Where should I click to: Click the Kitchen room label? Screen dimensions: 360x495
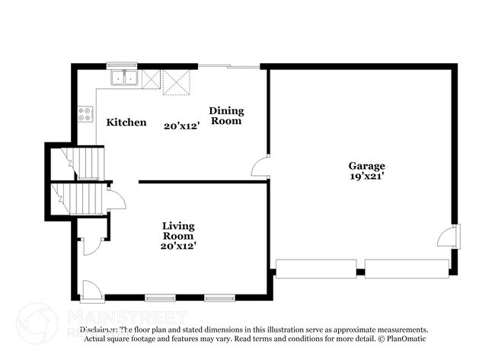(126, 123)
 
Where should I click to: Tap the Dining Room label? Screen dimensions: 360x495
(226, 116)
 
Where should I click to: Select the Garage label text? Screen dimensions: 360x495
(366, 166)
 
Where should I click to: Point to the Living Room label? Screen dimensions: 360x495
(177, 231)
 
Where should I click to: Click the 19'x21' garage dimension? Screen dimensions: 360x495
(366, 176)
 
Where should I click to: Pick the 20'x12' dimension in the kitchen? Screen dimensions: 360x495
(180, 126)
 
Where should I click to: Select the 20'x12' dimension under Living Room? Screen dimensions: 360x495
(177, 246)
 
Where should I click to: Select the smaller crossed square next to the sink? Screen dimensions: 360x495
(150, 78)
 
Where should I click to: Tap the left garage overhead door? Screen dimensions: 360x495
(315, 268)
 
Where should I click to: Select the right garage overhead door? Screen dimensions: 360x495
(406, 268)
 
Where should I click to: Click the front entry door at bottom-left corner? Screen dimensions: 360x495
(88, 289)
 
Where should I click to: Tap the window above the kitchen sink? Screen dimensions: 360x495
(121, 65)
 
